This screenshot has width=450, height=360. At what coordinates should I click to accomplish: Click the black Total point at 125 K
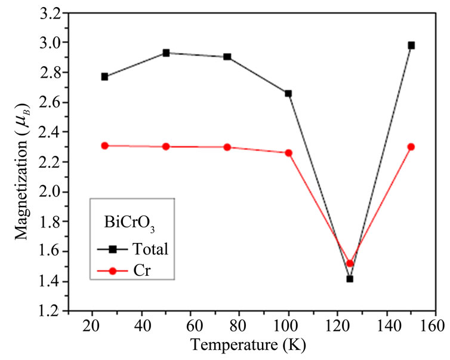[x=350, y=279]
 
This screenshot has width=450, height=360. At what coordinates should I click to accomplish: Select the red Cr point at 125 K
[x=350, y=263]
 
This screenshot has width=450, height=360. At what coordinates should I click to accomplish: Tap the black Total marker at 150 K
[x=411, y=45]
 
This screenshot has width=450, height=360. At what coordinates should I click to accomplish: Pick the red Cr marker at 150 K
[x=411, y=147]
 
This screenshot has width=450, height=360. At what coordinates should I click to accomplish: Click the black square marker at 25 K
[x=105, y=76]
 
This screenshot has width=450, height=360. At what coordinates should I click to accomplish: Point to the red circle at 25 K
[x=105, y=146]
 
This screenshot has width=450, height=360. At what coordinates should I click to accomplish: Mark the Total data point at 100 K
[x=288, y=93]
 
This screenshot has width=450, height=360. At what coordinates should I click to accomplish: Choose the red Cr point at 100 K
[x=288, y=153]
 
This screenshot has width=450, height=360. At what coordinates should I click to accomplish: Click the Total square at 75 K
[x=227, y=57]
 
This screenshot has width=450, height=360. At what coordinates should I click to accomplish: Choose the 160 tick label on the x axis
[x=435, y=327]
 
